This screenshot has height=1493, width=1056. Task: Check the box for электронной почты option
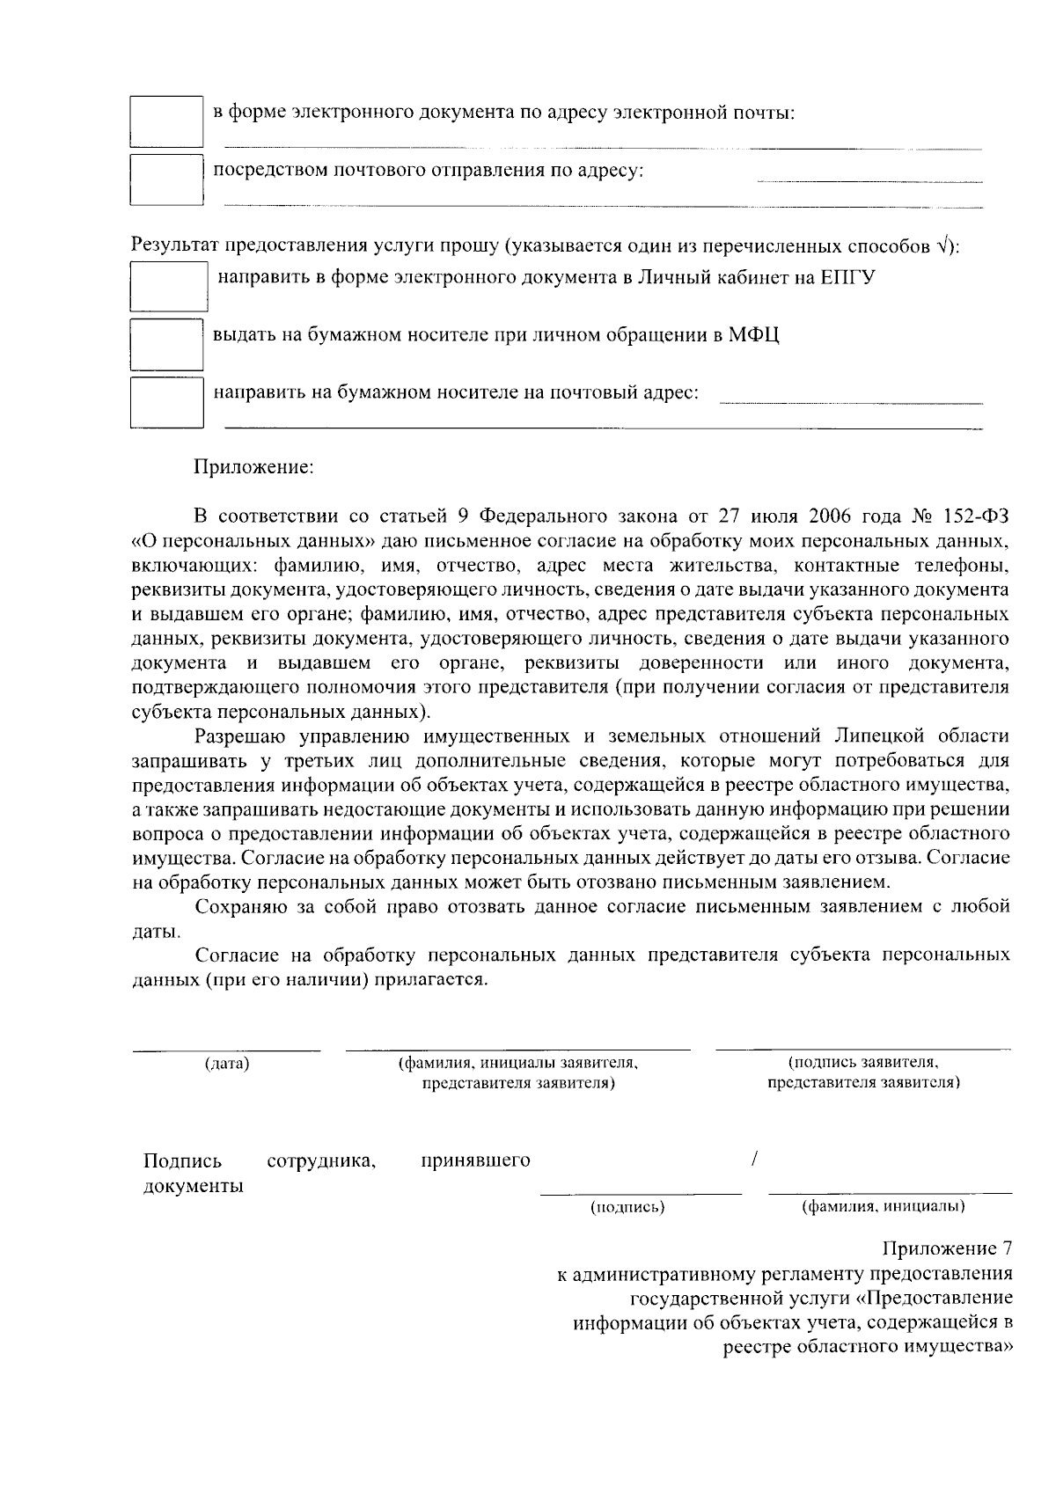(x=166, y=121)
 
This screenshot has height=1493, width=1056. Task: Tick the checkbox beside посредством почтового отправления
(x=166, y=179)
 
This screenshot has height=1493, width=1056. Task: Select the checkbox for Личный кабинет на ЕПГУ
(x=169, y=287)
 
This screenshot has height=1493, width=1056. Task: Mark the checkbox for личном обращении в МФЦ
(x=166, y=344)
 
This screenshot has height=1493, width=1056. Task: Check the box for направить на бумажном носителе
(x=166, y=402)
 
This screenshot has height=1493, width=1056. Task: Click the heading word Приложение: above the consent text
(x=253, y=466)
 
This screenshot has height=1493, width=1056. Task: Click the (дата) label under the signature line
(x=227, y=1065)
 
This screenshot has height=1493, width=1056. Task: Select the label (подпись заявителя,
(x=863, y=1063)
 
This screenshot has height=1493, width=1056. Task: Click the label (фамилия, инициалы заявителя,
(x=518, y=1063)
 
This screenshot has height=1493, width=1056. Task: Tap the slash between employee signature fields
(x=755, y=1160)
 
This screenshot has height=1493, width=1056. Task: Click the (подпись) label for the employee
(x=627, y=1207)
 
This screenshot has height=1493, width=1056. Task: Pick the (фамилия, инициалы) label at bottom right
(x=883, y=1206)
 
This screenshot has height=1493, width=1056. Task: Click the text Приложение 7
(x=947, y=1249)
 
